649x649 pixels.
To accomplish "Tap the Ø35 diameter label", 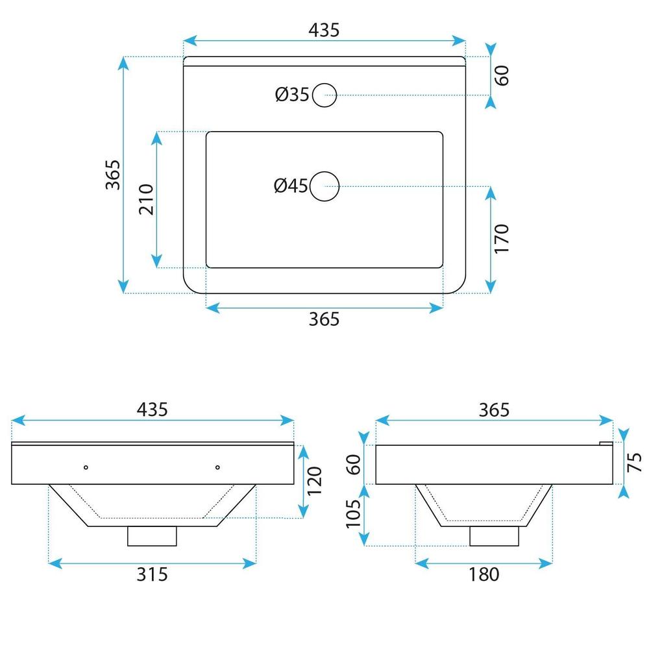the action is tap(292, 94).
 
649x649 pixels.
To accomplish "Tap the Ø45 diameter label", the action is tap(291, 186).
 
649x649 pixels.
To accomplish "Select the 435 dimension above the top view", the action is tap(324, 30).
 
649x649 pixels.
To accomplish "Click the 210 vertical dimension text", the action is tap(146, 199).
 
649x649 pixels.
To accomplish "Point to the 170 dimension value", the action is tap(501, 239).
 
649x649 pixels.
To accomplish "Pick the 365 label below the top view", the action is tap(324, 319).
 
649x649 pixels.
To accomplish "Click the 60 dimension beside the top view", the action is tap(502, 75).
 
